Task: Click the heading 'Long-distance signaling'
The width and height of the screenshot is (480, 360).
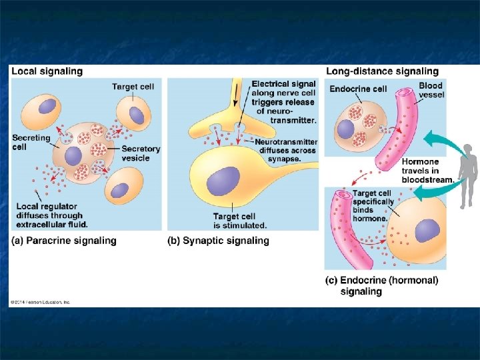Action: tap(382, 71)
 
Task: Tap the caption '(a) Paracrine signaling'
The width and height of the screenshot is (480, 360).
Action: tap(64, 241)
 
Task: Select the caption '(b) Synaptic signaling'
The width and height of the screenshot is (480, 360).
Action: tap(218, 241)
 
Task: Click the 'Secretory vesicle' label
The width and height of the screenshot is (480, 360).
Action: tap(141, 153)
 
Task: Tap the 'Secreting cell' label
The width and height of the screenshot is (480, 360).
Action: tap(27, 142)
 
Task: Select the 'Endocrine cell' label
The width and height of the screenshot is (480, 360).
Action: tap(358, 89)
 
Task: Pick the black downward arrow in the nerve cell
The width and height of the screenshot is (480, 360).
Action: tap(235, 96)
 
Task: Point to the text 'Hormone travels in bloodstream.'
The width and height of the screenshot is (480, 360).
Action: tap(427, 171)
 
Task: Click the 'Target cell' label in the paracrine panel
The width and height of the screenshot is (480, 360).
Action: tap(133, 87)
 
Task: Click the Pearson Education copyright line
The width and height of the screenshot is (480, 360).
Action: tap(40, 302)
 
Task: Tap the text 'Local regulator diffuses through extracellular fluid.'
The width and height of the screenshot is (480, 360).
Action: tap(51, 215)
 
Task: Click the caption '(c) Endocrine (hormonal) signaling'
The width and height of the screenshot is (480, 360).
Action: tap(382, 286)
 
